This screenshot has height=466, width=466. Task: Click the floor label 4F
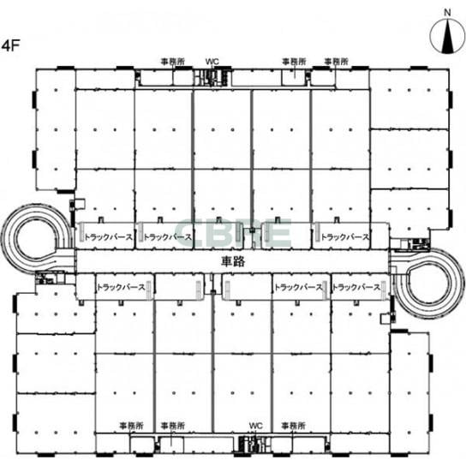(x=10, y=45)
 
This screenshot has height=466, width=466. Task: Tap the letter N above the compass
(x=447, y=13)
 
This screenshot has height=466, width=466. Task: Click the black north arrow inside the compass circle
(x=447, y=38)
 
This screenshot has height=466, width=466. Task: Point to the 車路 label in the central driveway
(x=233, y=261)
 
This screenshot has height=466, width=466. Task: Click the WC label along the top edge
(x=212, y=62)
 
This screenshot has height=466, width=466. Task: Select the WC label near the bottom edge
(x=256, y=426)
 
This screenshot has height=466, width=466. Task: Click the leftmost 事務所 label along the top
(x=173, y=62)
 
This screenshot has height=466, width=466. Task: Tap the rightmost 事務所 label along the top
(x=336, y=62)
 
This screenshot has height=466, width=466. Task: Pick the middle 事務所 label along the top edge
(x=294, y=62)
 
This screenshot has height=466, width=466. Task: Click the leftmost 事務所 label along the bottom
(x=131, y=426)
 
